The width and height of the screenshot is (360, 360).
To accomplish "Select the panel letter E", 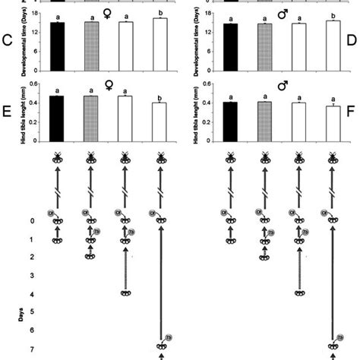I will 7,111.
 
